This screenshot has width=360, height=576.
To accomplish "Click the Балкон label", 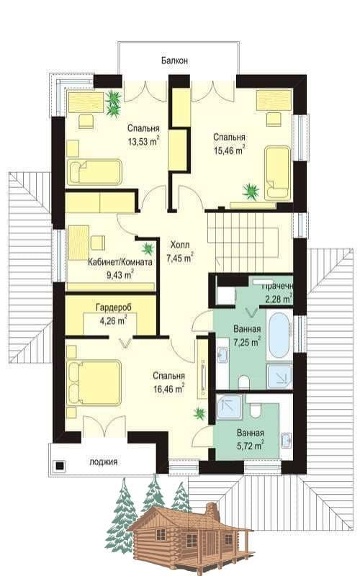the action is (x=174, y=60).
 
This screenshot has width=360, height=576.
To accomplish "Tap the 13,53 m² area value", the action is (x=143, y=141).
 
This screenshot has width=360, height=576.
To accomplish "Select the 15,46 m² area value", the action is (x=230, y=150).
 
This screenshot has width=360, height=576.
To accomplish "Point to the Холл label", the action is (x=180, y=245).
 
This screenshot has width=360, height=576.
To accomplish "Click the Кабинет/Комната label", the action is (x=120, y=262).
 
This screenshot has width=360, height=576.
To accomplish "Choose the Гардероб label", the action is (x=114, y=307).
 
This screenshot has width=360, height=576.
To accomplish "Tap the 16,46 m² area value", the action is (x=168, y=389).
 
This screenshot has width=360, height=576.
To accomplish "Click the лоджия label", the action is (x=104, y=462).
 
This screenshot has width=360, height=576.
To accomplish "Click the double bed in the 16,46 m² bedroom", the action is (x=94, y=383).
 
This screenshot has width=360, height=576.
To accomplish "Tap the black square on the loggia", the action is (x=60, y=466).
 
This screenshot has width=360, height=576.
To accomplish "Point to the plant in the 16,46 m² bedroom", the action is (x=200, y=413).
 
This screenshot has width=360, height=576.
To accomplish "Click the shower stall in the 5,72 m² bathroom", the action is (x=230, y=407).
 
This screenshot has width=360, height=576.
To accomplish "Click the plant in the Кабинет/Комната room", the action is (x=148, y=249).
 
